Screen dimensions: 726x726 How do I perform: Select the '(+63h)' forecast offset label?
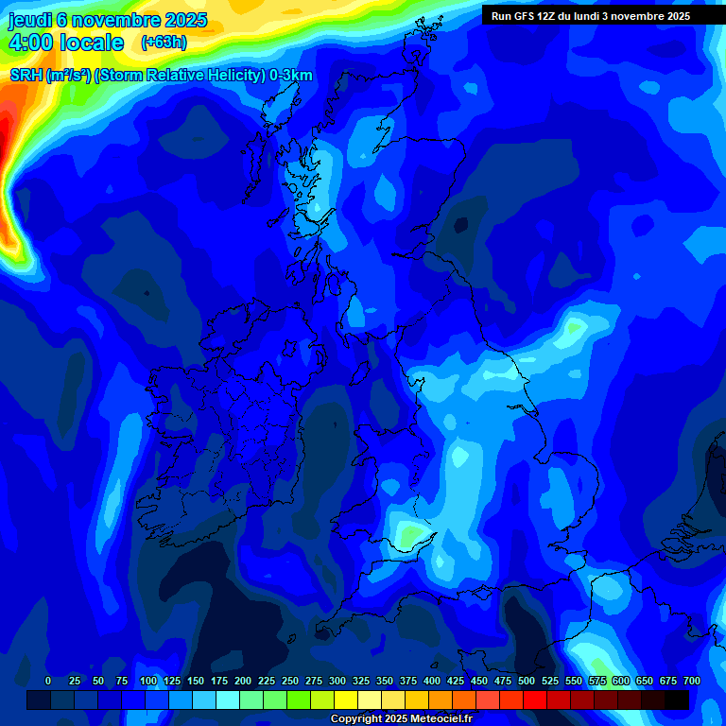[x=163, y=43]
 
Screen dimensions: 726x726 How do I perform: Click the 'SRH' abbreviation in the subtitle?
[x=26, y=76]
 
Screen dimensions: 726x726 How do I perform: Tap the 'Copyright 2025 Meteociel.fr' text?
[x=401, y=719]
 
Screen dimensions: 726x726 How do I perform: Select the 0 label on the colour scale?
[x=48, y=681]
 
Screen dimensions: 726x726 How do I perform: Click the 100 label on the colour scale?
[x=148, y=681]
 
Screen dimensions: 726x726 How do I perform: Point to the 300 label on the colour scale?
[x=337, y=681]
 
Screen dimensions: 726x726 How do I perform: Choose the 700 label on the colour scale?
[x=692, y=681]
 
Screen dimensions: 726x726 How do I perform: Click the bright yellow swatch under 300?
[x=345, y=700]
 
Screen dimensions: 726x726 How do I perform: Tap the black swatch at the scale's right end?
[x=676, y=700]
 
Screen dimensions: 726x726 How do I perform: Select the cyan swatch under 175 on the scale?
[x=227, y=700]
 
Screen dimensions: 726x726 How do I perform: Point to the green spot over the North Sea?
[x=573, y=328]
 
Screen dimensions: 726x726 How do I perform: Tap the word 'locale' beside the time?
[x=90, y=43]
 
